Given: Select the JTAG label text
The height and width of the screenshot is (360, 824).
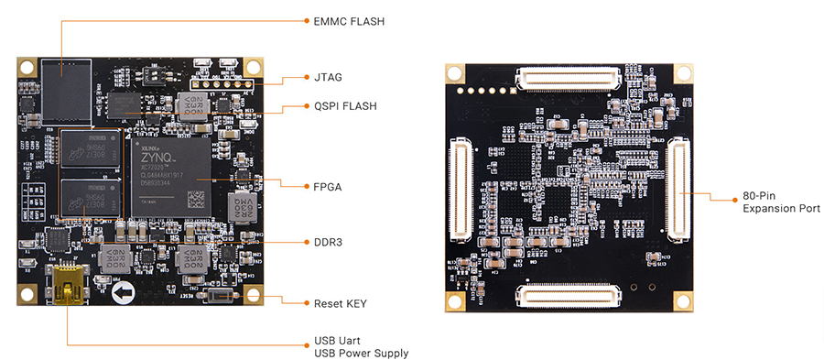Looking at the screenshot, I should [329, 78].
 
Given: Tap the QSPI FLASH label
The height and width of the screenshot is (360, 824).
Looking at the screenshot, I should [345, 106].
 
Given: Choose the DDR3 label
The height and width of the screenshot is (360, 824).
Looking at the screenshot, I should [329, 243].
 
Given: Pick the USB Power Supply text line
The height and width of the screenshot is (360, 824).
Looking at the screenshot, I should [361, 353].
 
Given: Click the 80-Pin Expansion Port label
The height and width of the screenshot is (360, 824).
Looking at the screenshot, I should [781, 202].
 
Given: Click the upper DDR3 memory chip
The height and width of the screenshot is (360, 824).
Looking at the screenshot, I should [89, 152].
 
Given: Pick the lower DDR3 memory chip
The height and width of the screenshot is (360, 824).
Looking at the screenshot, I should [89, 200].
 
